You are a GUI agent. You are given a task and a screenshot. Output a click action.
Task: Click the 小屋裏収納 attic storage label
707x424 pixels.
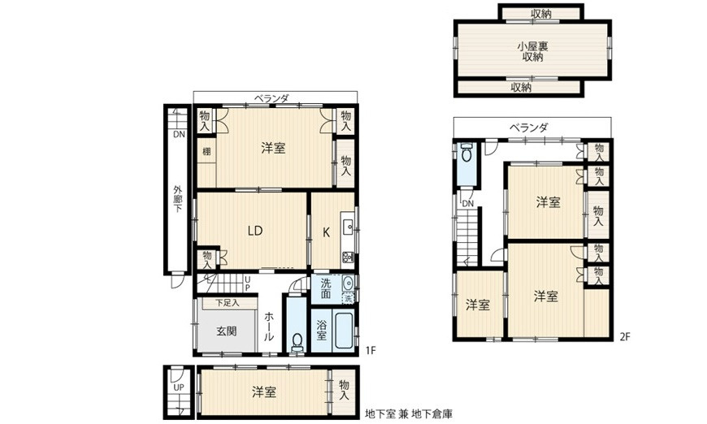pyautogui.click(x=532, y=50)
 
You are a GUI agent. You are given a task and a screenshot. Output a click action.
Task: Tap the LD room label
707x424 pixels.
pyautogui.click(x=255, y=230)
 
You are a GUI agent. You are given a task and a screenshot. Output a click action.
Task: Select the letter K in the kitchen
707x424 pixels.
pyautogui.click(x=326, y=231)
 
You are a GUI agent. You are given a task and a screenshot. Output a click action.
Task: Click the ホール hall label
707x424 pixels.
pyautogui.click(x=269, y=326)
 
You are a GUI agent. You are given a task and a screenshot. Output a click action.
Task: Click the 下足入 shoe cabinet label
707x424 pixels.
pyautogui.click(x=227, y=303)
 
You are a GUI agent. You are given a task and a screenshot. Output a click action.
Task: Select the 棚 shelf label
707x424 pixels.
pyautogui.click(x=207, y=151)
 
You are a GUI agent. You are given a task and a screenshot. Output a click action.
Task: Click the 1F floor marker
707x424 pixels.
pyautogui.click(x=370, y=350)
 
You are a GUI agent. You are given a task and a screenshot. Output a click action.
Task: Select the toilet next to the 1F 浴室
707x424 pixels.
pyautogui.click(x=296, y=340)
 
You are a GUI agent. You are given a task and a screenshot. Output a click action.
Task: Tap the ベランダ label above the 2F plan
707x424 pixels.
pyautogui.click(x=528, y=127)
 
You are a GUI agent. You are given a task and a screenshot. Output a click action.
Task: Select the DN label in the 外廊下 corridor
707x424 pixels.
pyautogui.click(x=178, y=134)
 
